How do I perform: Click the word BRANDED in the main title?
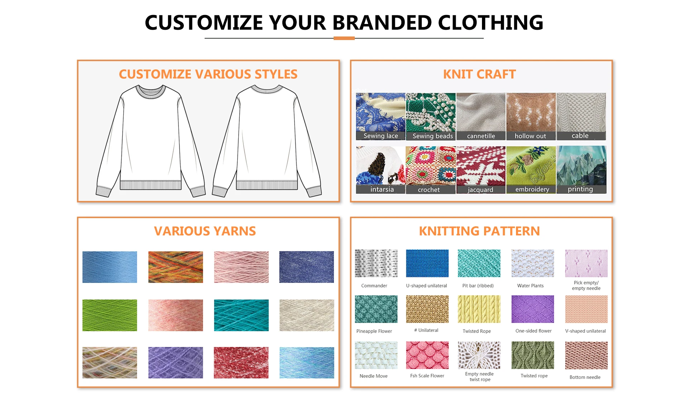coord(382,23)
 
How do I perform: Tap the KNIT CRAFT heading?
coord(479,74)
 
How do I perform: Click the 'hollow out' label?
coord(530,136)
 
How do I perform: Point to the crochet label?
coord(429,190)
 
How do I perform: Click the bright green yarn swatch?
coord(110,315)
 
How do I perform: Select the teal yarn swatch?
coord(241,315)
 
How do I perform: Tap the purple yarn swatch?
coord(176,362)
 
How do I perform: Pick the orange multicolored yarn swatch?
coord(176,267)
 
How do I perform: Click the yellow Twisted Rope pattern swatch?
coord(479,309)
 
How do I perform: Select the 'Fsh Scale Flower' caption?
coord(427,376)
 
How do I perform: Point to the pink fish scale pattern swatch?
coord(427,355)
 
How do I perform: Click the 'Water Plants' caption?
coord(530,285)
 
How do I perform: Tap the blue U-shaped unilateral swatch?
coord(427,263)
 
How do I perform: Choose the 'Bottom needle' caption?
coord(585,377)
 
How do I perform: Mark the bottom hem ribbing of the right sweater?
coord(267,185)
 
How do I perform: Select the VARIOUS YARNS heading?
coord(205,231)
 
